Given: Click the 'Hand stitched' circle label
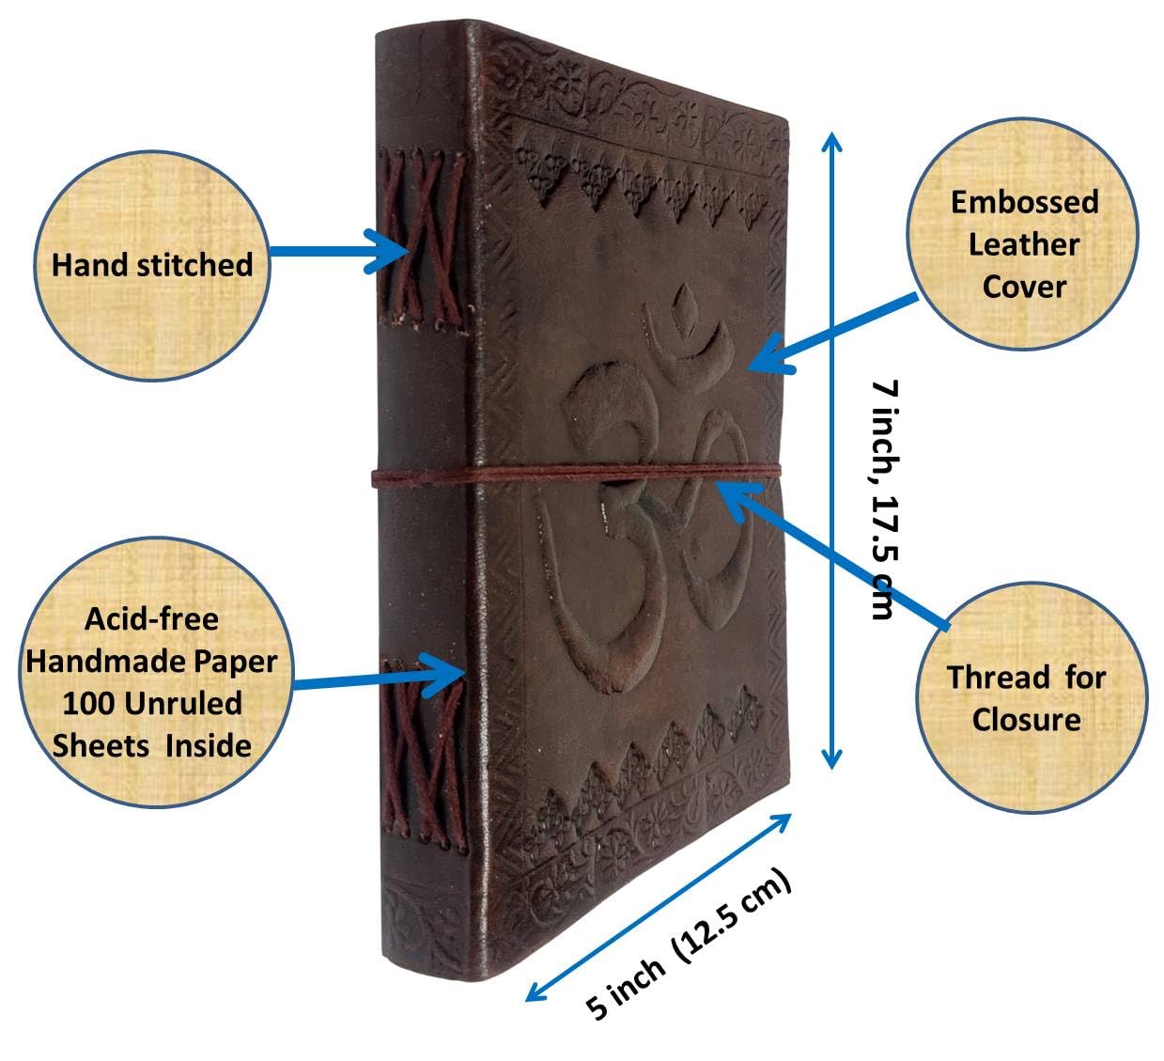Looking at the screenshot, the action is pos(152,266).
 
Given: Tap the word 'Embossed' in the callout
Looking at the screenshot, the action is pos(1025,203).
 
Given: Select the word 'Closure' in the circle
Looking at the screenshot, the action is pos(1027,720).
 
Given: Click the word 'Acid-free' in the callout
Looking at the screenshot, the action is pos(152,619).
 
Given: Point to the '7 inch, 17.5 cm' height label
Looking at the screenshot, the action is pos(886,500).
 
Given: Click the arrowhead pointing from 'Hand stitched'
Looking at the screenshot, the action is pos(389,251).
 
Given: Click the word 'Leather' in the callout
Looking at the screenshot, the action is pos(1024,245).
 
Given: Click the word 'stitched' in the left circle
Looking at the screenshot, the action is pos(194,266).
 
